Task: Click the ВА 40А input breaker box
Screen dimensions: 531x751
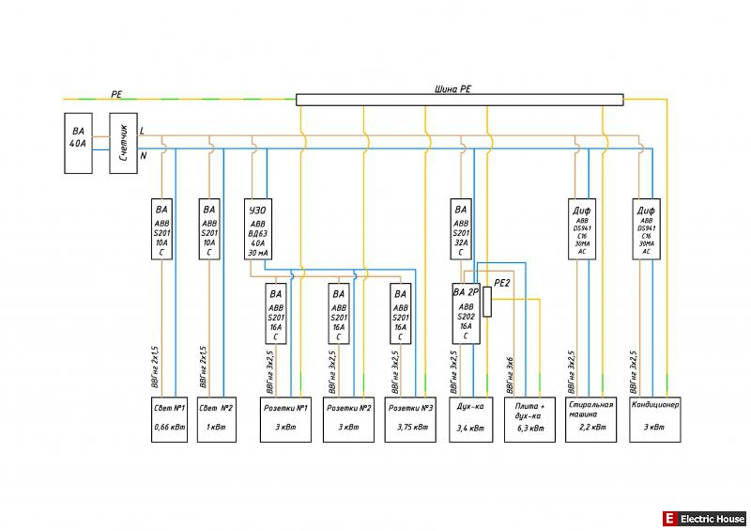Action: pyautogui.click(x=78, y=143)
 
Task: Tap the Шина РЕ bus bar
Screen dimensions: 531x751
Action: pyautogui.click(x=459, y=99)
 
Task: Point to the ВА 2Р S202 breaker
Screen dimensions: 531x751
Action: pyautogui.click(x=466, y=313)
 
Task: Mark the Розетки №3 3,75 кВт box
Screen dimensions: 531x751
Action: pyautogui.click(x=411, y=418)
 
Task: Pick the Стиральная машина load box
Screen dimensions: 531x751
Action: pyautogui.click(x=590, y=418)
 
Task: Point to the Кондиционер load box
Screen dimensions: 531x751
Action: pyautogui.click(x=655, y=418)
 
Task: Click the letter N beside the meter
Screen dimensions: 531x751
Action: pyautogui.click(x=143, y=156)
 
